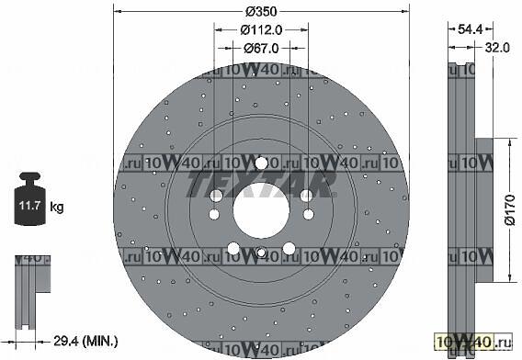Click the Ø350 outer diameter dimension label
pos(261,12)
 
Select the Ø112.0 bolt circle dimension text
pos(261,30)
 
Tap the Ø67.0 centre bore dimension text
pos(261,49)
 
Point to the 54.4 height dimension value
pos(470,29)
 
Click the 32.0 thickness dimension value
pos(497,48)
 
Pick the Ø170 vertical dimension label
pos(510,210)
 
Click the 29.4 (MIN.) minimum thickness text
pos(85,341)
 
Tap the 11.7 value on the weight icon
pos(29,205)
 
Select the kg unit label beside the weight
pos(57,207)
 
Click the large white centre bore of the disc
pos(261,210)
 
